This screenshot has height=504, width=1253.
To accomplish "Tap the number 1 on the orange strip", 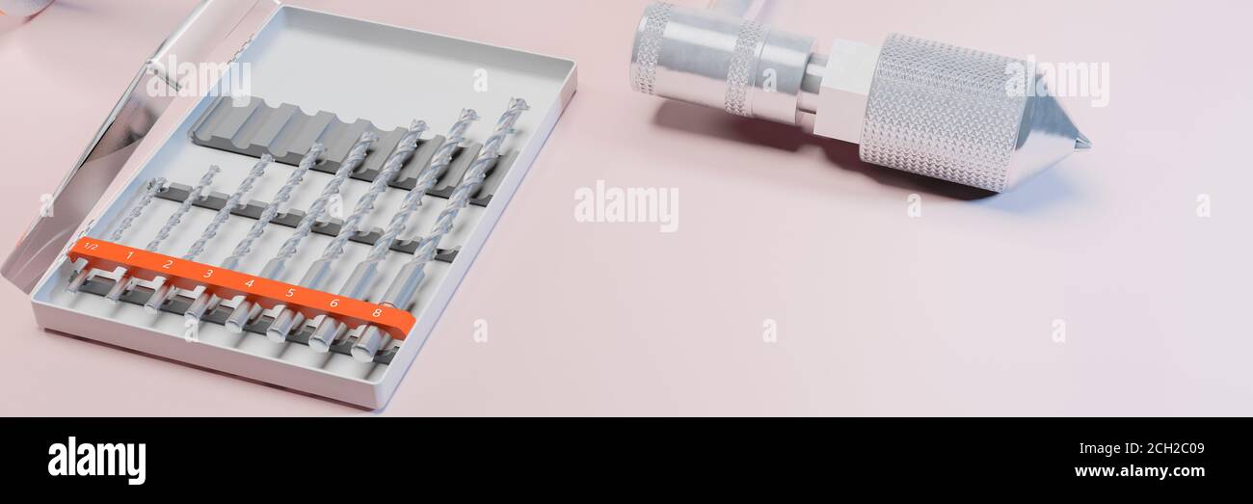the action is click(x=130, y=255).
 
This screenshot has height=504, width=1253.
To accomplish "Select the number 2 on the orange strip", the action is click(x=168, y=264).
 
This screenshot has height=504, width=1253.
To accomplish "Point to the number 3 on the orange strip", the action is click(x=208, y=274).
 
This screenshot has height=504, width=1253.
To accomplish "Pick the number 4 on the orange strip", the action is click(x=249, y=283).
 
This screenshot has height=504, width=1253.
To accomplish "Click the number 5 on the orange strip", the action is click(x=290, y=293).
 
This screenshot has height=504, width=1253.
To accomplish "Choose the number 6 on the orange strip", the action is click(x=333, y=303).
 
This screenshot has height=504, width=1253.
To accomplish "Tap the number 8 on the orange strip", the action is click(x=377, y=312).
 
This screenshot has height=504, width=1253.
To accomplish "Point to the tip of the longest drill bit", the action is click(x=518, y=103).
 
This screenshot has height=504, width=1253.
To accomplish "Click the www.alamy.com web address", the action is click(x=1139, y=471).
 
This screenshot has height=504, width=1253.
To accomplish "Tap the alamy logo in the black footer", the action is click(x=96, y=460).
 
